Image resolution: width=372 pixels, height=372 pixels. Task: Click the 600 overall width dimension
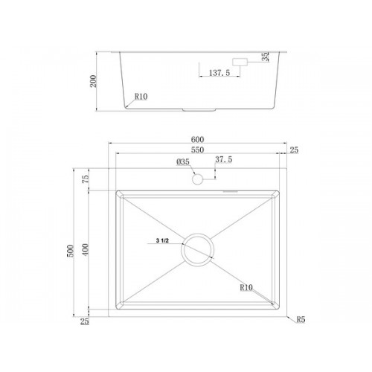click(197, 140)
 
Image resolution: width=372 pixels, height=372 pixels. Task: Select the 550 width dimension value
click(197, 150)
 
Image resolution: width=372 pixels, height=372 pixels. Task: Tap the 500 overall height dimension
click(71, 251)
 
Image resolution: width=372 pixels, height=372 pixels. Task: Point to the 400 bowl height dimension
click(85, 250)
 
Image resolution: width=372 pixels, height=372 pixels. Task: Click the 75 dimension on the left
click(85, 179)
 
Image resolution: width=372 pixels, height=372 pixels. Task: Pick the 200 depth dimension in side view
click(93, 81)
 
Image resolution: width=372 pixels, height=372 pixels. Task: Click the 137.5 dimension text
click(219, 73)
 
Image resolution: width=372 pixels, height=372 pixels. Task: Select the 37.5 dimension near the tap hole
click(223, 159)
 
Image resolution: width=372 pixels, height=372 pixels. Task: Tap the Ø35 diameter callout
click(183, 162)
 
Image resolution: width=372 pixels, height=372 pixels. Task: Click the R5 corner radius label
click(301, 320)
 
